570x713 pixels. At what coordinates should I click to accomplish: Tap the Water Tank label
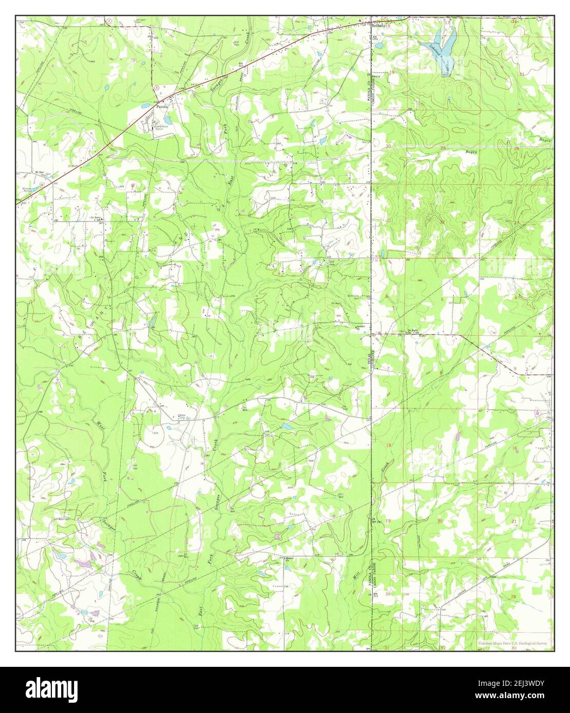pyautogui.click(x=182, y=416)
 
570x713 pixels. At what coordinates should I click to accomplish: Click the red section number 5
pyautogui.click(x=442, y=298)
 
